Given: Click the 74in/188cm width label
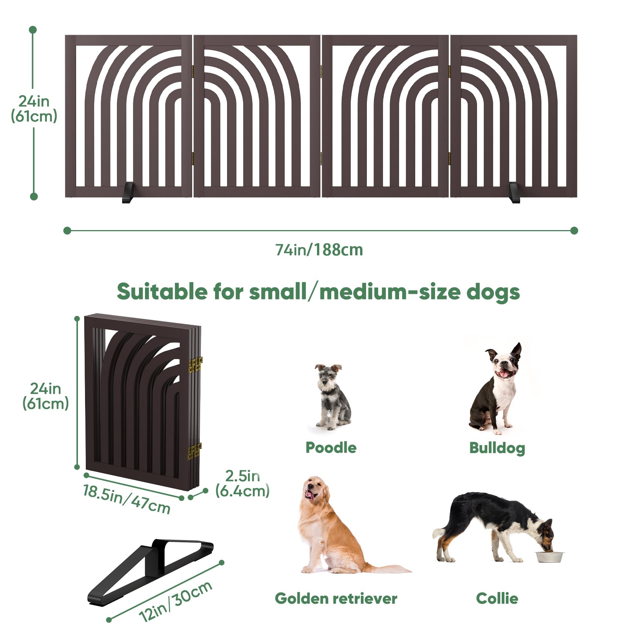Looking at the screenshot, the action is pyautogui.click(x=319, y=250).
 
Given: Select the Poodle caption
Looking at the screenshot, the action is pyautogui.click(x=331, y=447).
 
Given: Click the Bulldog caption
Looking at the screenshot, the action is pyautogui.click(x=497, y=448).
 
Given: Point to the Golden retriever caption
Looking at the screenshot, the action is pyautogui.click(x=336, y=598).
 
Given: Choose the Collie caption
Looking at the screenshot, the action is pyautogui.click(x=497, y=598).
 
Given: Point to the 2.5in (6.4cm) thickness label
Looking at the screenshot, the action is pyautogui.click(x=242, y=483).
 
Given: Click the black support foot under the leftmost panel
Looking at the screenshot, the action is pyautogui.click(x=128, y=193).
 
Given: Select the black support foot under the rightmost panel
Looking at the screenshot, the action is pyautogui.click(x=514, y=193).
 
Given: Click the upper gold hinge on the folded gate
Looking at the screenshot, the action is pyautogui.click(x=195, y=365).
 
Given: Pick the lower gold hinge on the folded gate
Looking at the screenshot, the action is pyautogui.click(x=194, y=451).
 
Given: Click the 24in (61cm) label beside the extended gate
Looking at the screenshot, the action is pyautogui.click(x=34, y=109).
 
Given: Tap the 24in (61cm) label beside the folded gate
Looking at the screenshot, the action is pyautogui.click(x=45, y=396).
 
